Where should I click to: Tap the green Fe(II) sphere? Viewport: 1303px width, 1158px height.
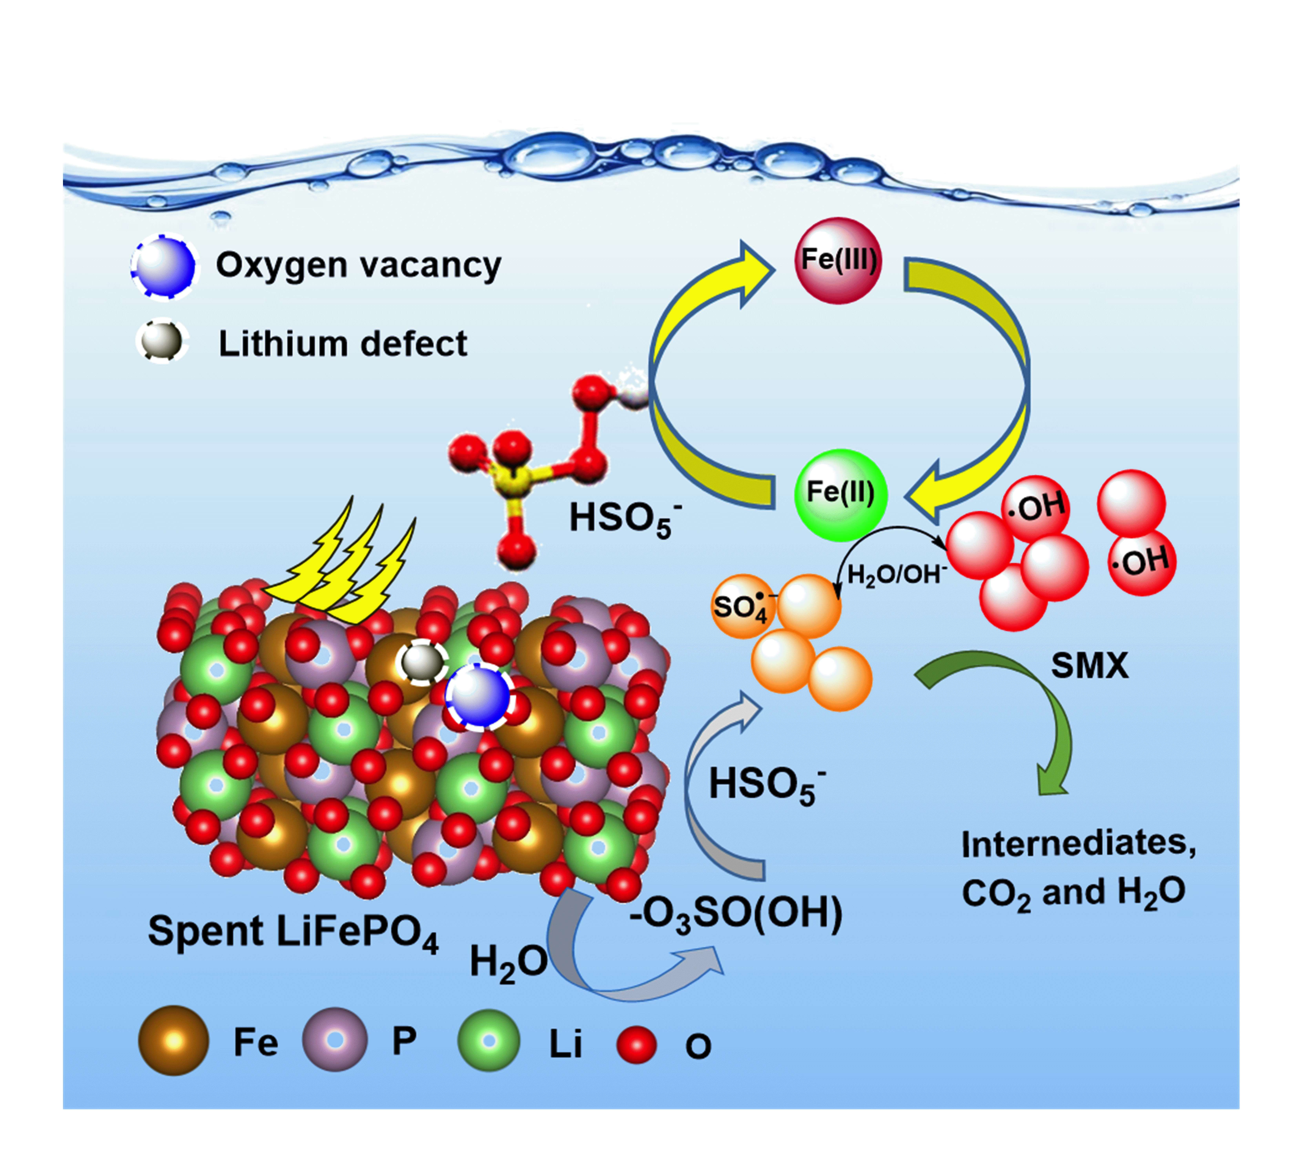click(x=840, y=494)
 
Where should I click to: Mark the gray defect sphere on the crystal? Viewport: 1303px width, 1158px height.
click(x=421, y=663)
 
